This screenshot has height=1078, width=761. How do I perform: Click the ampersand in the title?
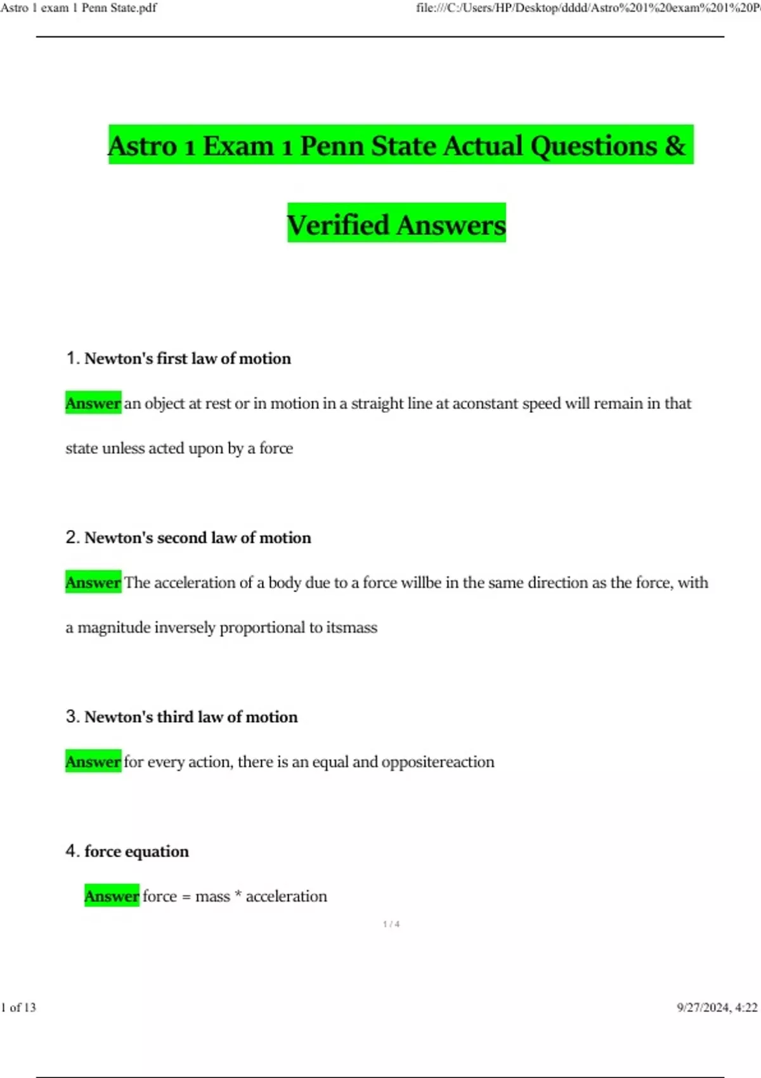675,146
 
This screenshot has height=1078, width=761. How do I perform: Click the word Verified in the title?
337,225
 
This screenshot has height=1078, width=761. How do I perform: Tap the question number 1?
72,358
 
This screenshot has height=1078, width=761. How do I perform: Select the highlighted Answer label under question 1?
93,403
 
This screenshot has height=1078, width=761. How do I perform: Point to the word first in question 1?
172,358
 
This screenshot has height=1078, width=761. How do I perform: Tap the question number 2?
72,538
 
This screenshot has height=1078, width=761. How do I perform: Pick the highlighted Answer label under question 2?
93,583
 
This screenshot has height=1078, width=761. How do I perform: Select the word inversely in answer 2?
185,628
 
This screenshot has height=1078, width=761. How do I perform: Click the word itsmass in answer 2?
351,628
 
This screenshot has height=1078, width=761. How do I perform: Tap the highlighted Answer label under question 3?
93,762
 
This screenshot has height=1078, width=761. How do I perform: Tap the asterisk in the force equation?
238,895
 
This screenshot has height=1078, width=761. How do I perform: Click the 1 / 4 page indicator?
391,925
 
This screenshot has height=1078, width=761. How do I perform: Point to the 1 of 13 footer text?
18,1008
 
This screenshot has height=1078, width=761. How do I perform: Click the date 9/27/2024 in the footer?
703,1008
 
